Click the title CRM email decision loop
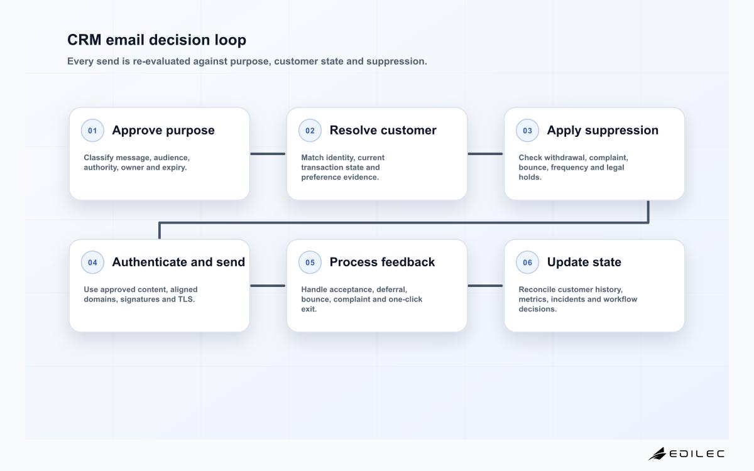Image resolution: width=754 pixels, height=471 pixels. tap(156, 40)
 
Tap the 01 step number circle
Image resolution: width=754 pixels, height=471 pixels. tap(92, 131)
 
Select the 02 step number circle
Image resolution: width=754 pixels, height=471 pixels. tap(310, 131)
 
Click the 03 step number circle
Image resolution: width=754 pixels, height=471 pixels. tap(527, 131)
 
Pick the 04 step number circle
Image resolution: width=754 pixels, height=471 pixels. tap(92, 263)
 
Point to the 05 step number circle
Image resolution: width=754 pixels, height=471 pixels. tap(310, 263)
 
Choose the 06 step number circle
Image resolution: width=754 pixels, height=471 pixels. tap(527, 263)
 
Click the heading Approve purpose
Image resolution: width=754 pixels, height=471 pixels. tap(163, 131)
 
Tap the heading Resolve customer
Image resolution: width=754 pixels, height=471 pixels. tap(383, 130)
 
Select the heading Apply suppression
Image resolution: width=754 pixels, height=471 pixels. tap(603, 131)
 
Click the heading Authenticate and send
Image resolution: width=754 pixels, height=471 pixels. tap(178, 262)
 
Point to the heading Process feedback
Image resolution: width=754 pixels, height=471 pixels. tap(382, 262)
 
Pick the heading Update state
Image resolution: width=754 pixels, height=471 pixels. tap(584, 263)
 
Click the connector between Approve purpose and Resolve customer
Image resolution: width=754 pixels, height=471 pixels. tap(268, 154)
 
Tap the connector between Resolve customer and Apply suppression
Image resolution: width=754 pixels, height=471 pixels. tap(485, 154)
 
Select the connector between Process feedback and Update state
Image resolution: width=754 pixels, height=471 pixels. tap(485, 286)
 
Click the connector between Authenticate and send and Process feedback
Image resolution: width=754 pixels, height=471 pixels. tap(268, 286)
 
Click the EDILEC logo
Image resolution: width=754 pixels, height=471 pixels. tap(686, 454)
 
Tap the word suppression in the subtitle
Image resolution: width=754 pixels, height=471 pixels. tap(396, 62)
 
